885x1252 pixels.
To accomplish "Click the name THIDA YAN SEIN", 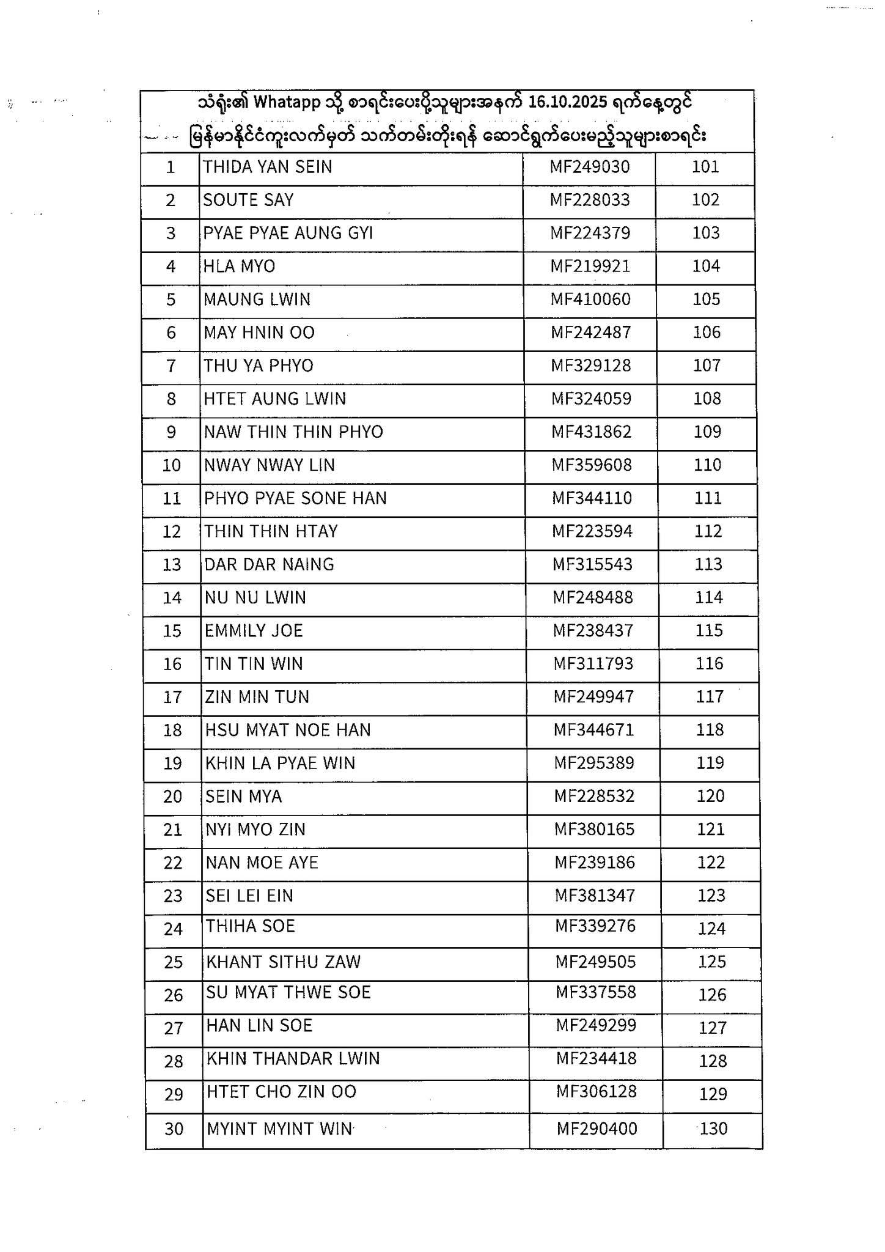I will click(267, 167).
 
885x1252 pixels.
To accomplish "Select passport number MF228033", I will click(589, 200).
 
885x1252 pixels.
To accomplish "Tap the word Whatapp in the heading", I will click(287, 102).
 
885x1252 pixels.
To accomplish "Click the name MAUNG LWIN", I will click(257, 300).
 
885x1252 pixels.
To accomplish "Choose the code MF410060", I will click(590, 300).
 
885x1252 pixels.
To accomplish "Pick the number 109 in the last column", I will click(707, 432).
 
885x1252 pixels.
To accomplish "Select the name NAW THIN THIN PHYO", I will click(293, 432).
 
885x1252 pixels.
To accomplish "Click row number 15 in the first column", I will click(172, 631).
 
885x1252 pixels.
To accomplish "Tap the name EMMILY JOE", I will click(254, 631).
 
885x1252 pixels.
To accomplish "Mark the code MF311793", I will click(593, 664).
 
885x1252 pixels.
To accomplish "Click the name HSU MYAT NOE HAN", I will click(288, 730).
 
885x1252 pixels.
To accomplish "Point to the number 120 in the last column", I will click(710, 796).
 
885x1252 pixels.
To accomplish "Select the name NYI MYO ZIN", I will click(255, 830).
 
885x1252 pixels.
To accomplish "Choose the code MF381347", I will click(595, 896).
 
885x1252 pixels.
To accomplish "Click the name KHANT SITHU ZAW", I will click(284, 962).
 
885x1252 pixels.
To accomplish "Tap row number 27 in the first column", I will click(174, 1028).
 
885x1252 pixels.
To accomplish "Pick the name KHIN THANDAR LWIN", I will click(293, 1058).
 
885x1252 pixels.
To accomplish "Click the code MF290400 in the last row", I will click(597, 1129).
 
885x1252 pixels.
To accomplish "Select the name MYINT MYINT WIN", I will click(279, 1129).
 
